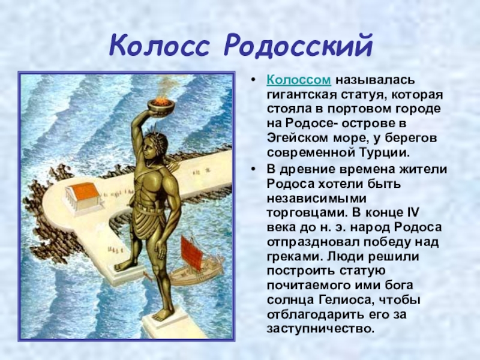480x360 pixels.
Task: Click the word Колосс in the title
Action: pyautogui.click(x=158, y=46)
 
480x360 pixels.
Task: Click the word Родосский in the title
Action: pyautogui.click(x=298, y=47)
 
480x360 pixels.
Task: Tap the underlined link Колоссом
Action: pyautogui.click(x=299, y=80)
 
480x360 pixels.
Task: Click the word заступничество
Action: pyautogui.click(x=320, y=329)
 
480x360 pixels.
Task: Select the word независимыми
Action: pyautogui.click(x=317, y=198)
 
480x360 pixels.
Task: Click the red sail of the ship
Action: pyautogui.click(x=192, y=252)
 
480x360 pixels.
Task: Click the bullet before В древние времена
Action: pyautogui.click(x=253, y=170)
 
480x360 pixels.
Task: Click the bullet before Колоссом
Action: pyautogui.click(x=253, y=80)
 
